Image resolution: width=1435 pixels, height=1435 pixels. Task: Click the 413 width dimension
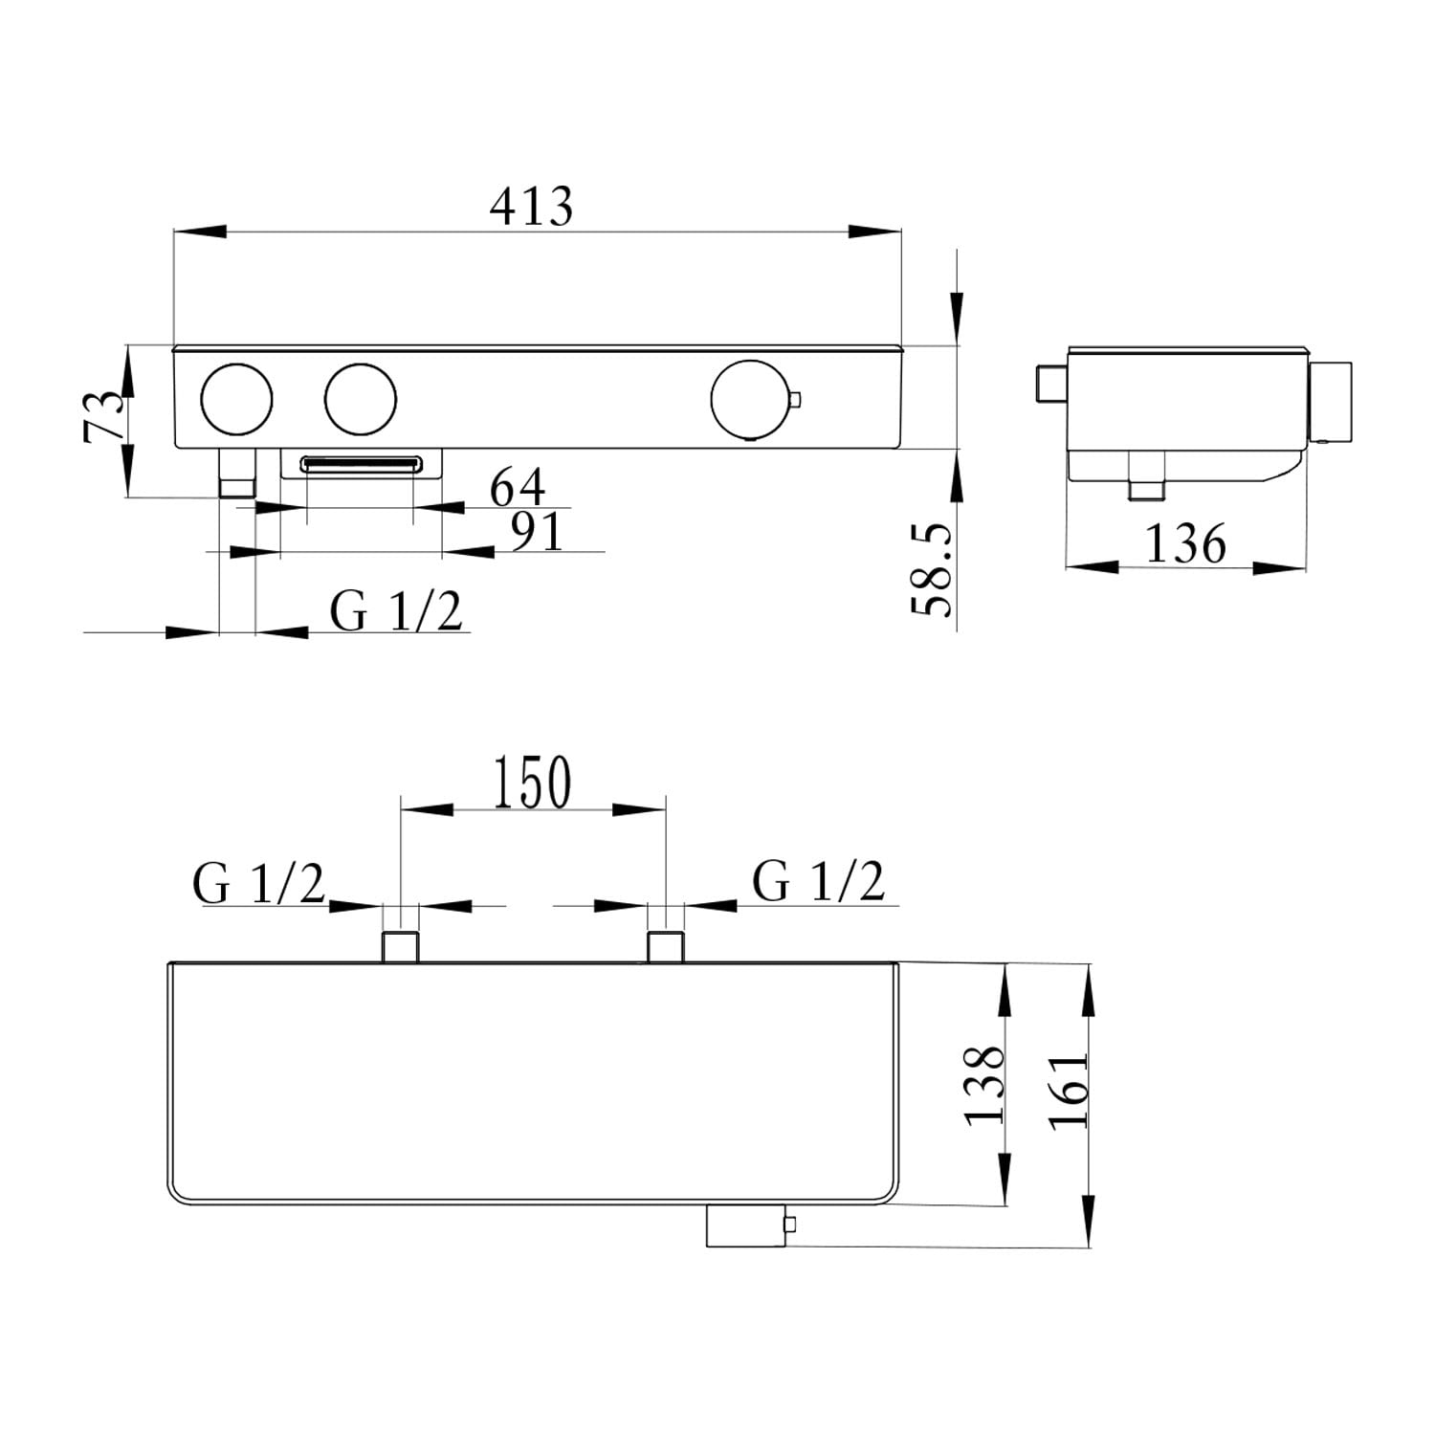pos(531,207)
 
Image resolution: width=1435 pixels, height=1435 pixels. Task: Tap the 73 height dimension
pos(104,414)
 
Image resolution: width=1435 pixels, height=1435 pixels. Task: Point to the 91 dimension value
pos(538,532)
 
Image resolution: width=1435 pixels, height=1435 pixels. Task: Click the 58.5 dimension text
pos(933,569)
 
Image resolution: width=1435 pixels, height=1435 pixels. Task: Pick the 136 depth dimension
pos(1185,544)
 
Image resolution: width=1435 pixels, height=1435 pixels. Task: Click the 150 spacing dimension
pos(533,783)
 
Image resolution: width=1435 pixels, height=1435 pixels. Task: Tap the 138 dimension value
pos(985,1085)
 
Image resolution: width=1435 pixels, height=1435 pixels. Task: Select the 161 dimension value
pos(1069,1091)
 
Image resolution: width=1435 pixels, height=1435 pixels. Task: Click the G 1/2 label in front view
pos(396,611)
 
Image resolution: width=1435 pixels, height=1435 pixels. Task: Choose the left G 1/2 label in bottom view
pos(259,883)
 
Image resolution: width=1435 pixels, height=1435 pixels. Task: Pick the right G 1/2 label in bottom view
pos(819,881)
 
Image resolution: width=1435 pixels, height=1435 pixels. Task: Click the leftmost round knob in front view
pos(236,400)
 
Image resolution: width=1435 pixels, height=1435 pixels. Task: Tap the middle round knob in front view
pos(361,400)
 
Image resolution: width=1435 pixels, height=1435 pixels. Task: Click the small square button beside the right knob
pos(794,399)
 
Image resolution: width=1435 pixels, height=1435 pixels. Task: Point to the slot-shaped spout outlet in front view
pos(361,465)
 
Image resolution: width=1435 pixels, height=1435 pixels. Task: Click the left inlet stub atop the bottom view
pos(401,946)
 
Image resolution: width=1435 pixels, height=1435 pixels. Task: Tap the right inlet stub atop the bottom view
pos(665,946)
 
